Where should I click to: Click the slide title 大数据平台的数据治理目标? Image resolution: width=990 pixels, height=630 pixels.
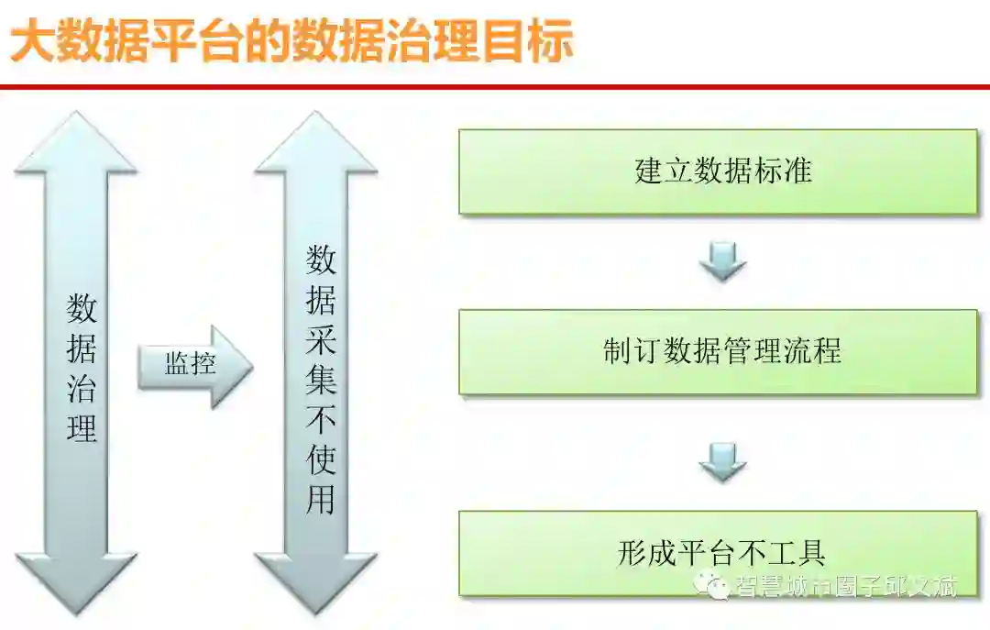pos(291,42)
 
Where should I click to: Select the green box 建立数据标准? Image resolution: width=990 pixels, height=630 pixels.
pos(718,171)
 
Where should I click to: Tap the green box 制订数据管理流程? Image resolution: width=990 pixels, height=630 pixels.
pos(718,351)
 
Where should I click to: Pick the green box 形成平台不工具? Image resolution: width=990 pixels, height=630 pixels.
pos(718,553)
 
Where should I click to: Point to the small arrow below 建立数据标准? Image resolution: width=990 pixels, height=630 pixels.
pos(722,260)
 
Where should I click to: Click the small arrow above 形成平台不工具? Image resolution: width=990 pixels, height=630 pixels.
pos(722,461)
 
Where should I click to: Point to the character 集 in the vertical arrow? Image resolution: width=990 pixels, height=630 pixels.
pos(321,380)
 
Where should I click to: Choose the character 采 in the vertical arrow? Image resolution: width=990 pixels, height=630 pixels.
pos(321,339)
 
